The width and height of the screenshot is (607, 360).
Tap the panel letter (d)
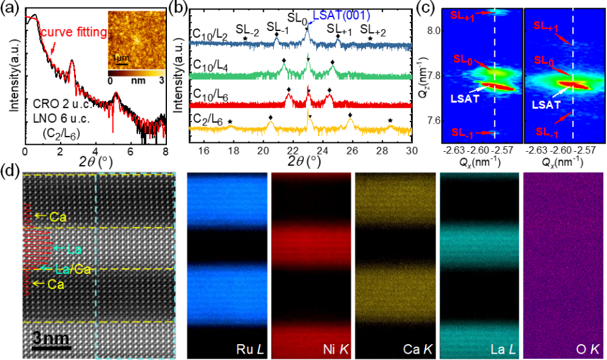pos(9,171)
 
